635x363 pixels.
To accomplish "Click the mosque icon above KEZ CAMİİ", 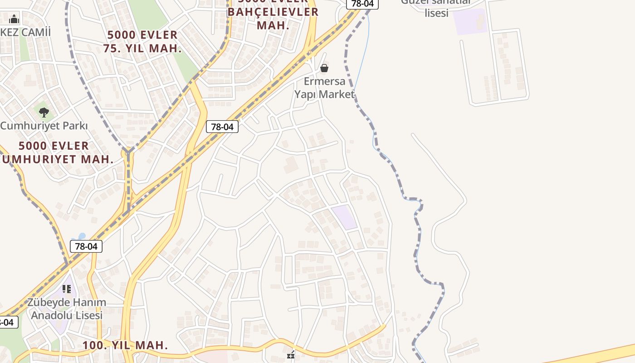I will point(14,19).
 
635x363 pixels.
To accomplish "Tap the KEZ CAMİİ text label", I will point(25,32).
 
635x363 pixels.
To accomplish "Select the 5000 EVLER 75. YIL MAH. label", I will point(142,42).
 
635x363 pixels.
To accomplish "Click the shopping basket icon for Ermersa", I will point(324,68).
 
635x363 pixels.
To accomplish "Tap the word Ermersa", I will point(324,81).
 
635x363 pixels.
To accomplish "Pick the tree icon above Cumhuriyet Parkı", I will point(44,112).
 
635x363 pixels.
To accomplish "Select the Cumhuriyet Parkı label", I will point(44,126).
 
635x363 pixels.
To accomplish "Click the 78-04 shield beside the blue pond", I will point(86,246).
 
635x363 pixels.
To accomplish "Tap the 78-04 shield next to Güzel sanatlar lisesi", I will point(362,4).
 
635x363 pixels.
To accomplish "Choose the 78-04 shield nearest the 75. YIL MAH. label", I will point(222,127).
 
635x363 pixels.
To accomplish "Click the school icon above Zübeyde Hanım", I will point(67,289).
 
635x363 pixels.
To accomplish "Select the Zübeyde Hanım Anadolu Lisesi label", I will point(66,309).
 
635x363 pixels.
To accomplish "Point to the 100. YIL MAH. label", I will point(125,345).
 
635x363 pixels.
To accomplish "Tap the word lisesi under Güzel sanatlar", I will point(436,13).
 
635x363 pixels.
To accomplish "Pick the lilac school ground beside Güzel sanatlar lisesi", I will point(470,21).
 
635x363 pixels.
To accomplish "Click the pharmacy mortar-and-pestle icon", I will point(291,355).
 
